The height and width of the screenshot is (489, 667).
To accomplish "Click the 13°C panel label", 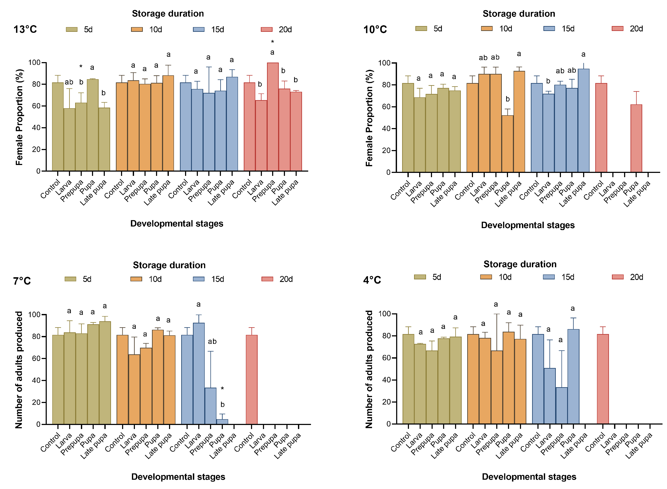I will pos(25,29).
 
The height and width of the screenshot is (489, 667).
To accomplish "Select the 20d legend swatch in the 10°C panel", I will pos(617,29).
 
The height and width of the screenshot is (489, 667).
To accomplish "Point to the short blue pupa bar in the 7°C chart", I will pos(222,422).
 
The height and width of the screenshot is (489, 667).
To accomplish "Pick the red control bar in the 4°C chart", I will pos(603,379).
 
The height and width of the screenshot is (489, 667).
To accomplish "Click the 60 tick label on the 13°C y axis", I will pos(36,106).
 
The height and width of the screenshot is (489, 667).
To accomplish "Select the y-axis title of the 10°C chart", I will pos(369,118).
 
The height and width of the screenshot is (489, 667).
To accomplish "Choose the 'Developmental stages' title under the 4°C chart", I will pos(529,477).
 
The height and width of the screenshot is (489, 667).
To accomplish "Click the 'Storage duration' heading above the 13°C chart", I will pos(168,14).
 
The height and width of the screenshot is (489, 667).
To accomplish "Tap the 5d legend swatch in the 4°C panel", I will pos(420,277).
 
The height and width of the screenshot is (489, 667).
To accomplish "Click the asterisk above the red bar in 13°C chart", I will pos(272,42).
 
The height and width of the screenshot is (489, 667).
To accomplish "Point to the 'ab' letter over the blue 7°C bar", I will pos(212,342).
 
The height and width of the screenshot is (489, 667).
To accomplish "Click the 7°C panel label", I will pos(22,281).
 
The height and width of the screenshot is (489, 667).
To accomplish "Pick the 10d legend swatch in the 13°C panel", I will pos(137,29).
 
